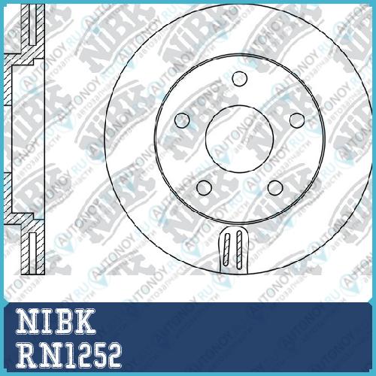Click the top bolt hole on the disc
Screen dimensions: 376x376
point(240,79)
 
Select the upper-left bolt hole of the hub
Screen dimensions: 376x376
point(182,120)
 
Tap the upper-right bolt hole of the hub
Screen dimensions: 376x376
point(297,120)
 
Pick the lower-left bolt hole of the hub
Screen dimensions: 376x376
point(204,188)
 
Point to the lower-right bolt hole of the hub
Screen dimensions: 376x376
point(275,188)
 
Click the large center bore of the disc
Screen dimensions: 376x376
point(240,139)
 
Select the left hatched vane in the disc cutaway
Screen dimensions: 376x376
point(226,250)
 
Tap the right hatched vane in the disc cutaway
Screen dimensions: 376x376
point(239,250)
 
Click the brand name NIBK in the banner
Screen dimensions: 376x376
point(56,321)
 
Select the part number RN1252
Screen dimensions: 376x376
point(68,356)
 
